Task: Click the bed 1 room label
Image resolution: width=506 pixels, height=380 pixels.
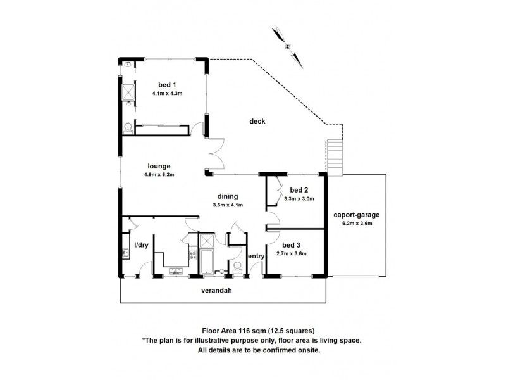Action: click(x=167, y=85)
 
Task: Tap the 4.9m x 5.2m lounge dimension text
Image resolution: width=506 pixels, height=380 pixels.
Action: click(x=158, y=175)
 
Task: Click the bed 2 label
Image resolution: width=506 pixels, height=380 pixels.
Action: click(x=299, y=190)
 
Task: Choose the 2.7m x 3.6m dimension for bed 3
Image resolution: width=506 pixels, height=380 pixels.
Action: click(x=292, y=254)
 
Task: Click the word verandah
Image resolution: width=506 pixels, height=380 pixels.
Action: click(x=215, y=292)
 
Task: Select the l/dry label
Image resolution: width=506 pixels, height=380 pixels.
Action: click(x=140, y=245)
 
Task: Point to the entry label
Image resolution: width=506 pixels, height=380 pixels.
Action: click(x=256, y=256)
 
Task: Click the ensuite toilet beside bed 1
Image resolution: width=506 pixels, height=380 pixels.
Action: click(x=128, y=126)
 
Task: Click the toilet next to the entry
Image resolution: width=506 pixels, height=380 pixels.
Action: click(x=237, y=266)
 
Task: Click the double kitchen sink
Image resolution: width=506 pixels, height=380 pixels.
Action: click(x=174, y=272)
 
